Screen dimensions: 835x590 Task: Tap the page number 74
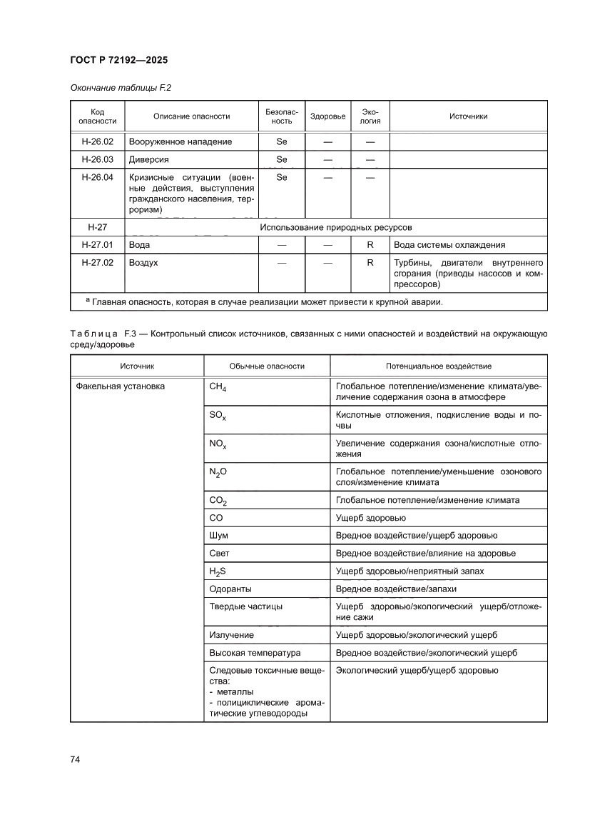tap(75, 759)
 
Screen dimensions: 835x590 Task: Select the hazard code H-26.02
tap(97, 141)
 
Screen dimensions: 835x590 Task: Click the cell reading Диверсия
tap(149, 159)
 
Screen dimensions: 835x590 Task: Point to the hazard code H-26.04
tap(97, 177)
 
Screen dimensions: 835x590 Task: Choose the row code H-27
tap(97, 227)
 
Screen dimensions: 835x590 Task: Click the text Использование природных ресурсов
tap(336, 227)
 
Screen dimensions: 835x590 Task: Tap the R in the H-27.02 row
tap(370, 263)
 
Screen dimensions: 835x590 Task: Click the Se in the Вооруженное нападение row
tap(281, 141)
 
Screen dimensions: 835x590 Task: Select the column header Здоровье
tap(327, 116)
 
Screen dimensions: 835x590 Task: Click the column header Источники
tap(468, 116)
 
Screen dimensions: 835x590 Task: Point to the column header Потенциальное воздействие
tap(438, 366)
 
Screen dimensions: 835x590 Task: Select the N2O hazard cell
tap(218, 472)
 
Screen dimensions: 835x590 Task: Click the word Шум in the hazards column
tap(219, 535)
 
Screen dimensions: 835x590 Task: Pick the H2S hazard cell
tap(218, 571)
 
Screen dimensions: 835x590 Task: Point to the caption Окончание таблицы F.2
tap(121, 88)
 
